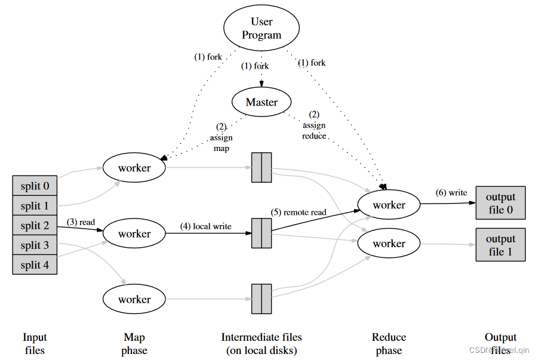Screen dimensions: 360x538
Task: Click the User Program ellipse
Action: pyautogui.click(x=262, y=29)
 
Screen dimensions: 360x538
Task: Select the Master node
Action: pyautogui.click(x=262, y=102)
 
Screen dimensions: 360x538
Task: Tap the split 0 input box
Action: pyautogui.click(x=35, y=186)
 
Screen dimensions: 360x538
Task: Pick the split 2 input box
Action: pyautogui.click(x=35, y=226)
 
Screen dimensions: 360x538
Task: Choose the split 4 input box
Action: pyautogui.click(x=35, y=264)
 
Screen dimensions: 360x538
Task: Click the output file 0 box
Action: pyautogui.click(x=500, y=204)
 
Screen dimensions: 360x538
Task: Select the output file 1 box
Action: pyautogui.click(x=500, y=245)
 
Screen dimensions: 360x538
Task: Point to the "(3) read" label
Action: pyautogui.click(x=81, y=222)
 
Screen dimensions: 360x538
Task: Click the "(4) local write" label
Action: pyautogui.click(x=206, y=226)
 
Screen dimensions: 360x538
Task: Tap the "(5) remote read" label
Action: pyautogui.click(x=299, y=212)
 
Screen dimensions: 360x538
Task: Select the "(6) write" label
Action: pyautogui.click(x=451, y=193)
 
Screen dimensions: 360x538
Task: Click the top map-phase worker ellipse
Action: pyautogui.click(x=134, y=168)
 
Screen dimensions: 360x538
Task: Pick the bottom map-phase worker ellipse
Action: pyautogui.click(x=134, y=300)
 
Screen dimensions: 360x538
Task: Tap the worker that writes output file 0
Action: pyautogui.click(x=389, y=205)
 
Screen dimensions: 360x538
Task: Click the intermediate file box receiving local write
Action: pyautogui.click(x=262, y=233)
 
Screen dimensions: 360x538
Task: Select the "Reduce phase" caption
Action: pyautogui.click(x=389, y=344)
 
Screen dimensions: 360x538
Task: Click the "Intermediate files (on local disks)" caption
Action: pyautogui.click(x=262, y=344)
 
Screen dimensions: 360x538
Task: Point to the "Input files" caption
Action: pyautogui.click(x=35, y=344)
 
